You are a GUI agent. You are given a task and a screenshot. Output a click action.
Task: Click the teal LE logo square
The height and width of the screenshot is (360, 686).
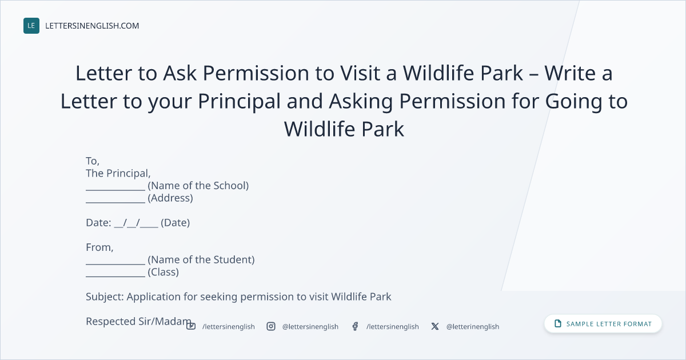coord(31,26)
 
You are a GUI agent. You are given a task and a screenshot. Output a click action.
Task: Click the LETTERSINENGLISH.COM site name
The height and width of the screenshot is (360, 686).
coord(92,26)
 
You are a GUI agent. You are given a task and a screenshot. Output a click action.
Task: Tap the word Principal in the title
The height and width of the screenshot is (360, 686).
coord(239,101)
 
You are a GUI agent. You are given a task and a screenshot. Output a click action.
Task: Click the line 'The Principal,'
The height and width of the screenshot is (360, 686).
coord(118,174)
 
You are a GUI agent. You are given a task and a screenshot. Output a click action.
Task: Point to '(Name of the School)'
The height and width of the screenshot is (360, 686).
coord(198,186)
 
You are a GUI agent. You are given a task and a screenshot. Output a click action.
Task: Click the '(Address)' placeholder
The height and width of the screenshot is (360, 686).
coord(170,198)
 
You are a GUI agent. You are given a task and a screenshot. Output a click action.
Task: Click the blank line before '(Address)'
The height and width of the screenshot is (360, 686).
coord(115,202)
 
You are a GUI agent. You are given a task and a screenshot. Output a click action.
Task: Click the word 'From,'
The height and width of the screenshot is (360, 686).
coord(99,247)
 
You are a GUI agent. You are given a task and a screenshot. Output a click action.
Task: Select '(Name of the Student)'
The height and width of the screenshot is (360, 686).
coord(201,259)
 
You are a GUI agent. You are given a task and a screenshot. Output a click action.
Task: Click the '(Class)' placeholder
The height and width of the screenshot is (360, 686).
coord(163,272)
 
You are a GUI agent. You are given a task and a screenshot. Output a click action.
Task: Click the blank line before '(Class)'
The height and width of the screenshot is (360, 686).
coord(115,277)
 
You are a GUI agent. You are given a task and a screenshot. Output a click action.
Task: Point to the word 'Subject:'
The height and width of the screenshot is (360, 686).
coord(105,297)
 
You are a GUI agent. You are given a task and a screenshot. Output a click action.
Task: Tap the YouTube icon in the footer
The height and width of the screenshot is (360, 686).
coord(191,326)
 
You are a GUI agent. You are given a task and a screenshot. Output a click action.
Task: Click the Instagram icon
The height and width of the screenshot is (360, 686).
coord(271,326)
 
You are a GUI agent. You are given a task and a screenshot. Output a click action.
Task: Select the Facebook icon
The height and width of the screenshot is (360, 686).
coord(355,326)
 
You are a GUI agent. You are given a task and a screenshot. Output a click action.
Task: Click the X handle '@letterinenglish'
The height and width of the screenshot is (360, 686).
coord(473,327)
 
